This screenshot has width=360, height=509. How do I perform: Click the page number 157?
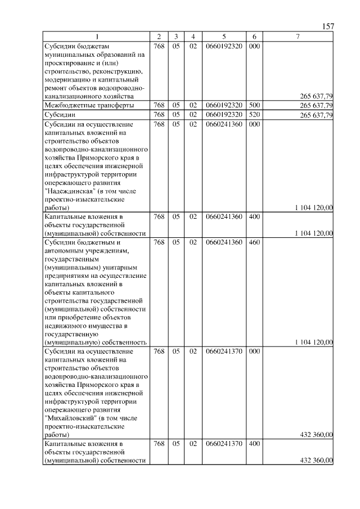pyautogui.click(x=328, y=27)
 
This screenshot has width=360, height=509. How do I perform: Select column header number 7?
pyautogui.click(x=298, y=37)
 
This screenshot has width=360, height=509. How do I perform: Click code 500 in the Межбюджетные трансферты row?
pyautogui.click(x=254, y=105)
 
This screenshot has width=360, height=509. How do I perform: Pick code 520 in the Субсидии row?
pyautogui.click(x=254, y=115)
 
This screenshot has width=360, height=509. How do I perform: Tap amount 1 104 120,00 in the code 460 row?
pyautogui.click(x=313, y=342)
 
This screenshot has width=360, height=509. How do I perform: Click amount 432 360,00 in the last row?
pyautogui.click(x=316, y=461)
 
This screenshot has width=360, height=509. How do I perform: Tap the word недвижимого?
pyautogui.click(x=66, y=325)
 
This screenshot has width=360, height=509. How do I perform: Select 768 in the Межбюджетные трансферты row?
pyautogui.click(x=159, y=105)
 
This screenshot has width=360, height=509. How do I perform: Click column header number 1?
pyautogui.click(x=96, y=37)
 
